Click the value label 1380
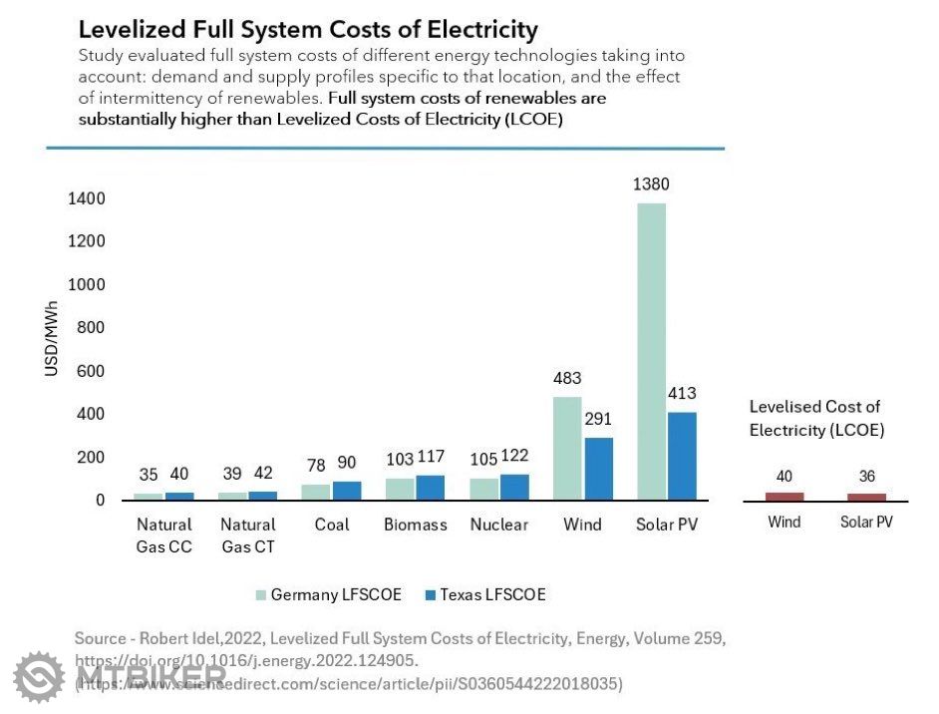pyautogui.click(x=651, y=184)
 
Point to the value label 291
pyautogui.click(x=598, y=419)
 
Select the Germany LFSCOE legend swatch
pyautogui.click(x=261, y=595)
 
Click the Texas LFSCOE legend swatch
pyautogui.click(x=431, y=595)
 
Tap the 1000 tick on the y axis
pyautogui.click(x=86, y=285)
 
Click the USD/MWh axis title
pyautogui.click(x=52, y=339)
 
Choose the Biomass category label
pyautogui.click(x=416, y=525)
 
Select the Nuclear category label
pyautogui.click(x=499, y=525)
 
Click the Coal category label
pyautogui.click(x=332, y=525)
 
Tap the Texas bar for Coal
pyautogui.click(x=347, y=491)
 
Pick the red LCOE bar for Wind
pyautogui.click(x=784, y=496)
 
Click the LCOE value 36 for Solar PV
pyautogui.click(x=866, y=477)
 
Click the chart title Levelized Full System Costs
pyautogui.click(x=308, y=30)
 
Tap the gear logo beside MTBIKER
pyautogui.click(x=39, y=675)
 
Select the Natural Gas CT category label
pyautogui.click(x=248, y=535)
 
